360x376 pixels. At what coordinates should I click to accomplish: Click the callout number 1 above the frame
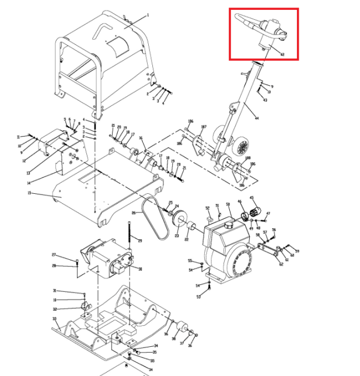coord(148,15)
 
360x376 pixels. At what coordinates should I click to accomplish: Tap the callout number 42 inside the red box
coord(282,54)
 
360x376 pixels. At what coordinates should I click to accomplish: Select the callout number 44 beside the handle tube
coord(256,119)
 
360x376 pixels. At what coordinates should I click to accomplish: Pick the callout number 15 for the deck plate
coord(29,193)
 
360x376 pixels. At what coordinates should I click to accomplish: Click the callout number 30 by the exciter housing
coord(140,269)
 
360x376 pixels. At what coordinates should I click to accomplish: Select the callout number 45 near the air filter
coord(252,198)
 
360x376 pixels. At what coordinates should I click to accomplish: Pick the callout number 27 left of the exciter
coord(54,255)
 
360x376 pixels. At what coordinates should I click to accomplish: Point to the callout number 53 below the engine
coord(198,297)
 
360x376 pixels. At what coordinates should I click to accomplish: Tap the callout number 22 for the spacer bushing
coord(186,240)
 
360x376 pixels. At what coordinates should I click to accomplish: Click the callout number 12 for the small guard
coord(24,161)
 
